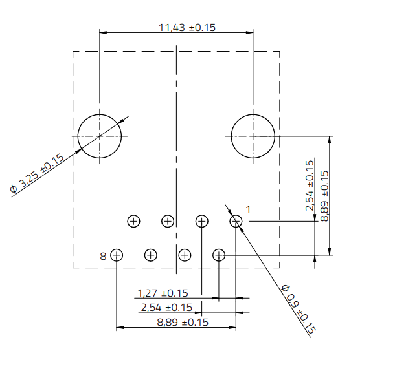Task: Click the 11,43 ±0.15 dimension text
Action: pyautogui.click(x=186, y=28)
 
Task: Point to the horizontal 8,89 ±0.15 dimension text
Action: pyautogui.click(x=182, y=322)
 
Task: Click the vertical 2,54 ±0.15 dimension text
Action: pyautogui.click(x=310, y=185)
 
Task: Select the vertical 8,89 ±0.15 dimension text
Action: pyautogui.click(x=324, y=195)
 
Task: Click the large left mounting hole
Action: pyautogui.click(x=100, y=136)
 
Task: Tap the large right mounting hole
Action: pyautogui.click(x=253, y=136)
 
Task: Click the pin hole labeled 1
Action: pyautogui.click(x=236, y=221)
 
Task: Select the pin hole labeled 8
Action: pyautogui.click(x=117, y=255)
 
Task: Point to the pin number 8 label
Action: pyautogui.click(x=103, y=256)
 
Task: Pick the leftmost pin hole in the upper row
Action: pyautogui.click(x=133, y=221)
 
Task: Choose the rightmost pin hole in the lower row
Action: pyautogui.click(x=219, y=255)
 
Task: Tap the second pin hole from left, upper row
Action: pyautogui.click(x=168, y=221)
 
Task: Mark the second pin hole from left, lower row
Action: pyautogui.click(x=151, y=255)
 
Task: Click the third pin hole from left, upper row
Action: pyautogui.click(x=201, y=221)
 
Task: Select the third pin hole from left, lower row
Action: pyautogui.click(x=185, y=255)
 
